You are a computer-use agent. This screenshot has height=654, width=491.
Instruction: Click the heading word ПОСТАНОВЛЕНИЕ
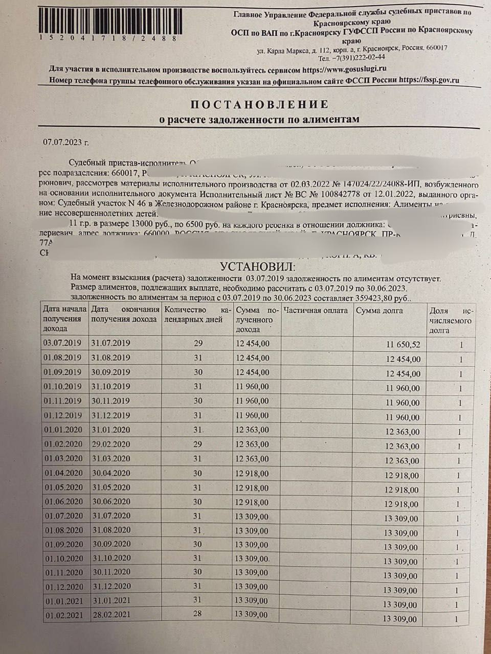(x=259, y=105)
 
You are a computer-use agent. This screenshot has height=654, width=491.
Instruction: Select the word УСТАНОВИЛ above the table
(x=258, y=266)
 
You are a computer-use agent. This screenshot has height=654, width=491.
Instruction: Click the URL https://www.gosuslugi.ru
(x=344, y=69)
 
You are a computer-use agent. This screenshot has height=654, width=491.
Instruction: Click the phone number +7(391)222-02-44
(x=358, y=57)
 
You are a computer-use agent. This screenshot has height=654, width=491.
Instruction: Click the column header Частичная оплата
(x=316, y=311)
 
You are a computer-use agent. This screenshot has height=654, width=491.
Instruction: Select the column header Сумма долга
(x=379, y=311)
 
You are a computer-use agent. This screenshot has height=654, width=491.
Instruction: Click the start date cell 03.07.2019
(x=62, y=343)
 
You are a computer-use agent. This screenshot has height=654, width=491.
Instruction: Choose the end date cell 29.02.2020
(x=110, y=444)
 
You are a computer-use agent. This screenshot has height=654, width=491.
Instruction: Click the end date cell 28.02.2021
(x=110, y=614)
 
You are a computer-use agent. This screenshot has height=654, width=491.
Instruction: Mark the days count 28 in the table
(x=198, y=614)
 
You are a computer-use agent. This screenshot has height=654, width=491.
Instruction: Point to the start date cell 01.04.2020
(x=63, y=473)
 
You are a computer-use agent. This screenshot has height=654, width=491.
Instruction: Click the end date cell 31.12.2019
(x=110, y=415)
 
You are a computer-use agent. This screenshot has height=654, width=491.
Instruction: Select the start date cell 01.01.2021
(x=63, y=600)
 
